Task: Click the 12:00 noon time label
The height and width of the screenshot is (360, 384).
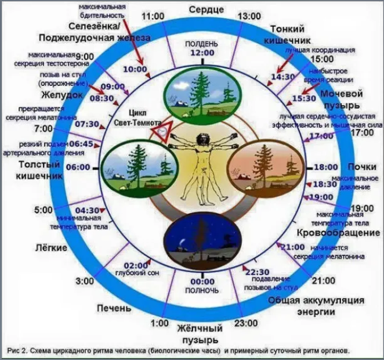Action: [200, 53]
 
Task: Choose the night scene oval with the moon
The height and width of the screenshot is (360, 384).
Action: [201, 239]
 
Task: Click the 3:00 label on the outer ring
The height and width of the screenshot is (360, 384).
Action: [85, 282]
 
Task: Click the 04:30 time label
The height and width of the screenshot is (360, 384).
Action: [88, 210]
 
